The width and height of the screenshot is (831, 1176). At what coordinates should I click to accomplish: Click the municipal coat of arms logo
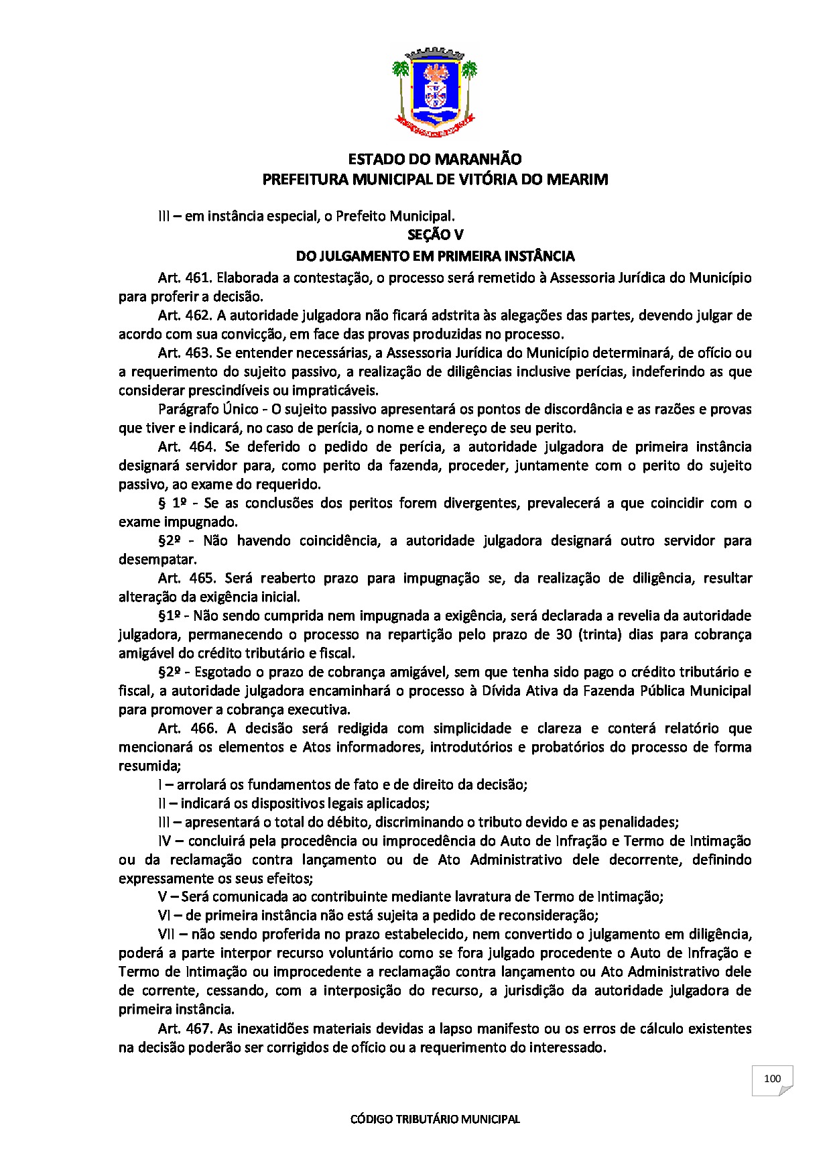point(434,91)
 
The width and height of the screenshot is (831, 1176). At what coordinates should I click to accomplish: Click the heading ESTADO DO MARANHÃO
point(434,160)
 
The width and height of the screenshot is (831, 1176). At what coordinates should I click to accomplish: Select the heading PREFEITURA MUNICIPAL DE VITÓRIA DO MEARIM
point(434,180)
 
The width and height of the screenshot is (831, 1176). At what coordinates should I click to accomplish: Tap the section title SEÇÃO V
point(435,235)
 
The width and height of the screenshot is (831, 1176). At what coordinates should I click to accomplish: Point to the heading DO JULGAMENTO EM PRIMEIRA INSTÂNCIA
point(435,256)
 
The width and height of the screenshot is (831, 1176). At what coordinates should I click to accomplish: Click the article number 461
point(197,278)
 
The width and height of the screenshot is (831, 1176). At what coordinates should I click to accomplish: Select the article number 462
point(197,315)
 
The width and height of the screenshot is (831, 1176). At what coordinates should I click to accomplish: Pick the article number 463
point(197,353)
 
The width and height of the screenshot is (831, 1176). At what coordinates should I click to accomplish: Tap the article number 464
point(200,447)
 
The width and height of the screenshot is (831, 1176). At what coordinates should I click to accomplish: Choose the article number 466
point(202,728)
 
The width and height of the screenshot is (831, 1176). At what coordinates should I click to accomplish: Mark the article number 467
point(198,1028)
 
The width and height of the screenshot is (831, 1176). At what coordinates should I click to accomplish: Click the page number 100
point(772,1079)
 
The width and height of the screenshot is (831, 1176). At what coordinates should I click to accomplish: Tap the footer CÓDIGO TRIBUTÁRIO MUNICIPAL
point(435,1119)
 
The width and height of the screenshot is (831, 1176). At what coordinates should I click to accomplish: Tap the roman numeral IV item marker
point(166,841)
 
